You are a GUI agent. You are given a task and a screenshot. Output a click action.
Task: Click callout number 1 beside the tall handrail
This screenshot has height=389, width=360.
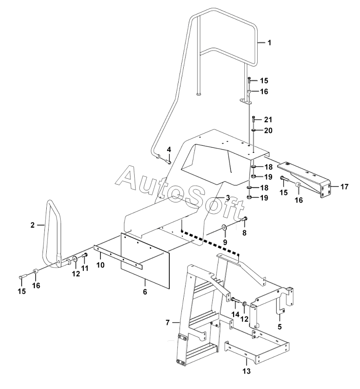269,43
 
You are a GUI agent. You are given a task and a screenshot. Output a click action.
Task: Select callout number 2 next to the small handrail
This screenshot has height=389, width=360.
33,225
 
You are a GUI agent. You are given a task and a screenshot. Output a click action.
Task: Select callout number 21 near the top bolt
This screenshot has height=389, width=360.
267,120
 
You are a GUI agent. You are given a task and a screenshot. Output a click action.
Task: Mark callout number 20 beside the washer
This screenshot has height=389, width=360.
267,131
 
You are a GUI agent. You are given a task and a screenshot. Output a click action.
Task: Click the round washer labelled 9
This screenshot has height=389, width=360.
224,227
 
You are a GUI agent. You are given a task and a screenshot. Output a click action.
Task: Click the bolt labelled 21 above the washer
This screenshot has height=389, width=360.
254,120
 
